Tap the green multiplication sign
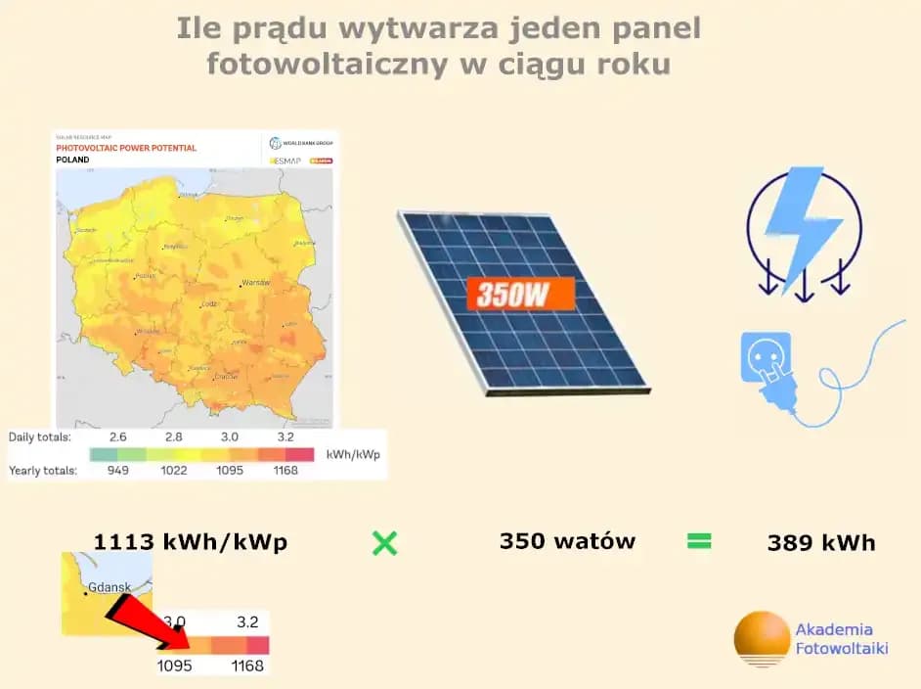coord(385,543)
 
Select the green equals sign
coord(699,541)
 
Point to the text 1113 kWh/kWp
coord(191,543)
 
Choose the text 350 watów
coord(567,541)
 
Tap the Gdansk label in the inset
coord(109,589)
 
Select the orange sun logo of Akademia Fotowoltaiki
coord(762,638)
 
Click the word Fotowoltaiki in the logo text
coord(842,648)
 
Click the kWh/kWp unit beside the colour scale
coord(353,455)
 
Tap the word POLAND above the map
coord(72,160)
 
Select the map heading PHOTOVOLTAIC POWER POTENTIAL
coord(126,148)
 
